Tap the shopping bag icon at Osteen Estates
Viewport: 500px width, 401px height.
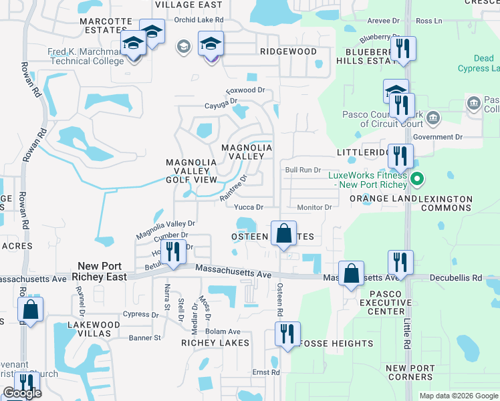284,234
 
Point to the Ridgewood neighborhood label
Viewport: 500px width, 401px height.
288,51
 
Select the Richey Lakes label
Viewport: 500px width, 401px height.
215,343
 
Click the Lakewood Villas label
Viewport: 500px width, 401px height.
94,329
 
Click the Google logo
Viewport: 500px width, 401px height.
22,393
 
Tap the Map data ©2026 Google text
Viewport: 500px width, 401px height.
458,396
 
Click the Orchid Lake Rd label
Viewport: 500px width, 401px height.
197,20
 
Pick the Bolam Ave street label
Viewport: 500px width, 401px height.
223,331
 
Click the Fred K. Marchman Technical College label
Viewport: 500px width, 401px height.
86,56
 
